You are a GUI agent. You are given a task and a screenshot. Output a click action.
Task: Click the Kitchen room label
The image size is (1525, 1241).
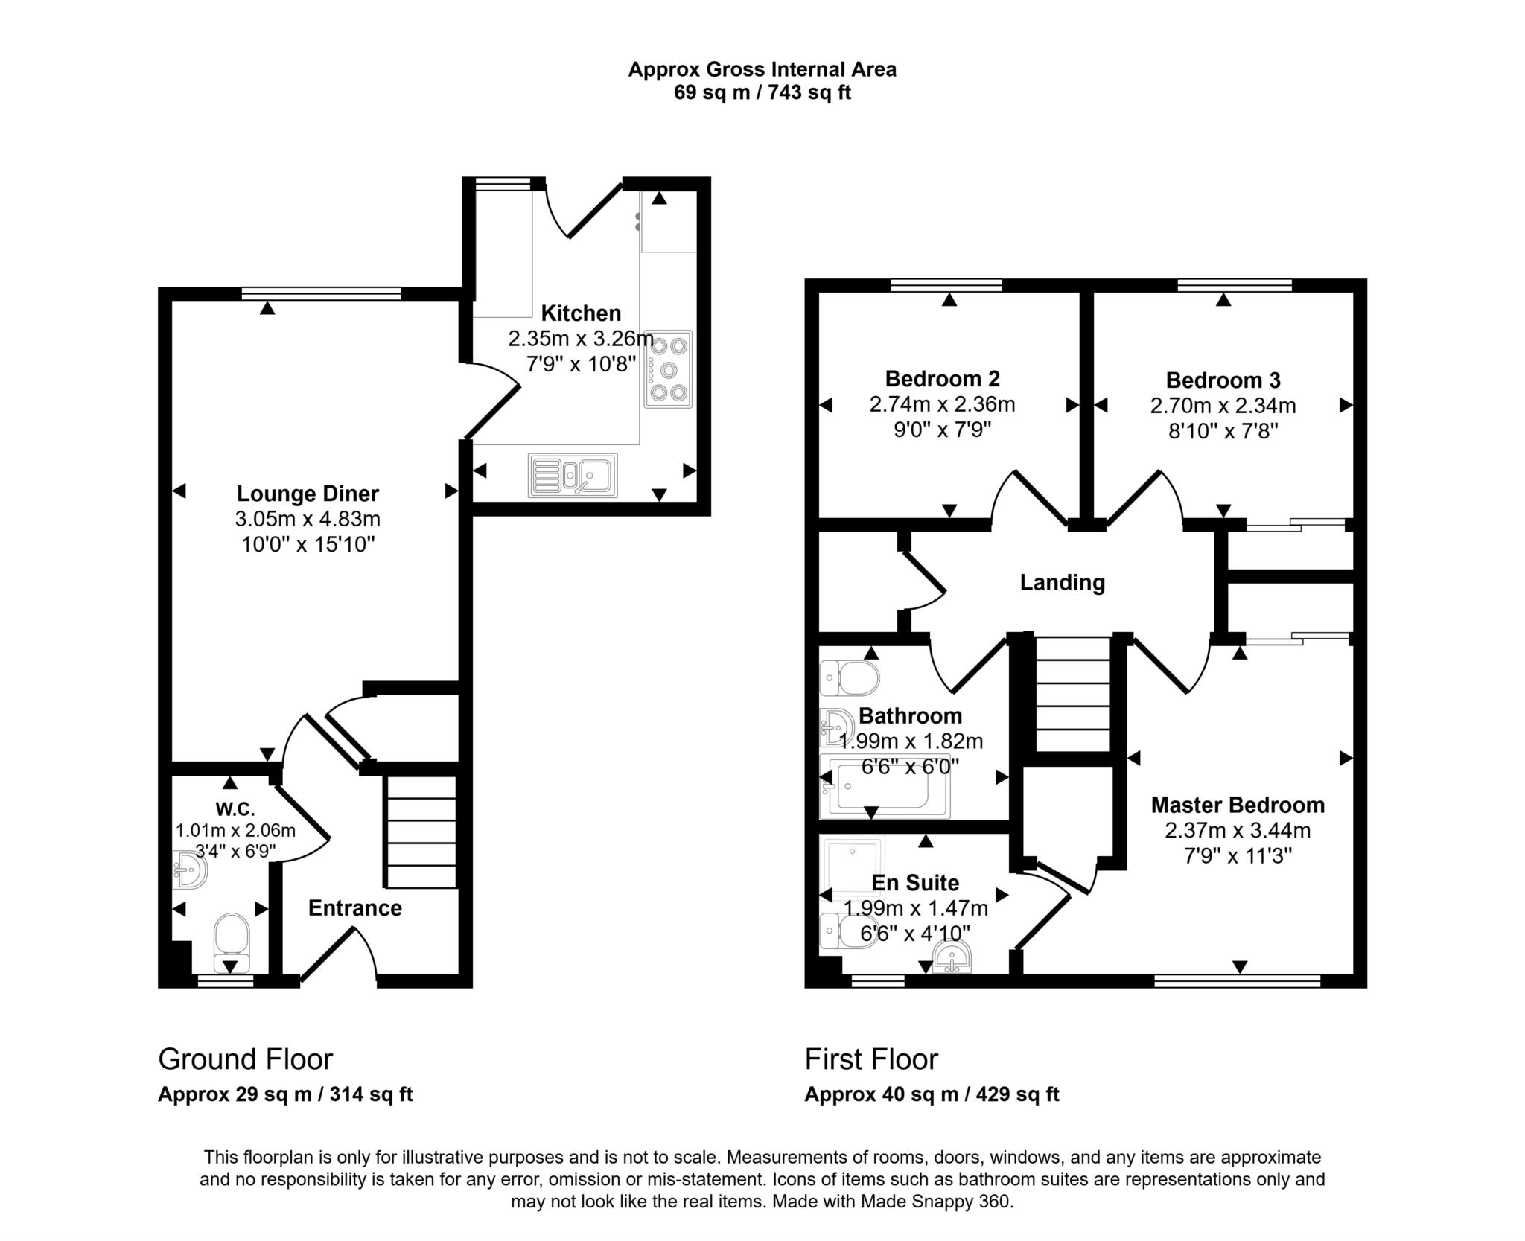click(581, 313)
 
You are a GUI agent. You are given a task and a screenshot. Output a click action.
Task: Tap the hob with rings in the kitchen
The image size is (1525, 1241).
click(668, 369)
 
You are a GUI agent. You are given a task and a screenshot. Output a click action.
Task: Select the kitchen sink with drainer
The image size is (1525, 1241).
click(573, 475)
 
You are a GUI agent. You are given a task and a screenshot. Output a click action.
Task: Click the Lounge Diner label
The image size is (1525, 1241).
click(308, 494)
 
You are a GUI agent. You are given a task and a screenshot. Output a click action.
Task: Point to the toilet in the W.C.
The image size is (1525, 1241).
click(231, 940)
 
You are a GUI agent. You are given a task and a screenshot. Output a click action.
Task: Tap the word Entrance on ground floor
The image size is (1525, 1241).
click(355, 908)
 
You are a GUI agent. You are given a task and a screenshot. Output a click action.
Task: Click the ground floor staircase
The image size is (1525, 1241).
click(420, 832)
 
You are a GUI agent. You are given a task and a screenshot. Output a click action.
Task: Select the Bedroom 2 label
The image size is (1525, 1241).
click(942, 379)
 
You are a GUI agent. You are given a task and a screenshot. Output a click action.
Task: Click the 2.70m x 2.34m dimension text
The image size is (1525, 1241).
click(1223, 406)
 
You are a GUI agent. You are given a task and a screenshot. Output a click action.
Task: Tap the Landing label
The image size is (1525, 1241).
click(1062, 582)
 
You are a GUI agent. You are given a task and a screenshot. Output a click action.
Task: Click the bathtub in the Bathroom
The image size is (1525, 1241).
click(885, 786)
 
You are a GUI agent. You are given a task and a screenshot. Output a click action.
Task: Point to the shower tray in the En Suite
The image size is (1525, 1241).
click(853, 864)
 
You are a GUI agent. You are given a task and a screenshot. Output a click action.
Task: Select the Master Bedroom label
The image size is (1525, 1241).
click(1238, 805)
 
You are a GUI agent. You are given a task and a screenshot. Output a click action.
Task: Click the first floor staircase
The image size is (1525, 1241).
click(1073, 694)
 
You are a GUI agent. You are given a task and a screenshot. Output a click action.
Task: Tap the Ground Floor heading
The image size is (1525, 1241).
click(245, 1059)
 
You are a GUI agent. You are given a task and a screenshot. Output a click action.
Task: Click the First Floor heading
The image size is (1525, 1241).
click(871, 1059)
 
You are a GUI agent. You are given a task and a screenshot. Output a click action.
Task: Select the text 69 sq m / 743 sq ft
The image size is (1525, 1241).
click(762, 93)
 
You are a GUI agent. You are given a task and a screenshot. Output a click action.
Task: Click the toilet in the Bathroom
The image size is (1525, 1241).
click(850, 678)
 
